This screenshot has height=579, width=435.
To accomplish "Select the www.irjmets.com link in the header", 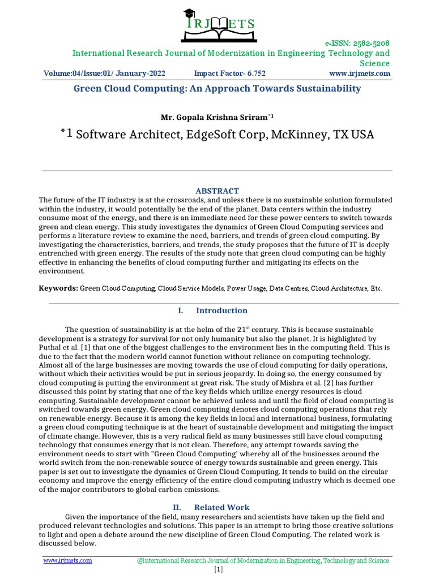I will [359, 74].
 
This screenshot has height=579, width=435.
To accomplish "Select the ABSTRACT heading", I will [217, 191].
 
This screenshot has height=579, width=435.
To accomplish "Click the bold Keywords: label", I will [58, 288].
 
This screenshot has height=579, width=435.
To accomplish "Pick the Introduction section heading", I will [221, 310].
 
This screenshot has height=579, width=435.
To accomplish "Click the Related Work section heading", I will [221, 507].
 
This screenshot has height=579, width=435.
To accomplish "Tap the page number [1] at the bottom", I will [219, 570].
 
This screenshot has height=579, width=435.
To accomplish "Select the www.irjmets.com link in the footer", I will [67, 560].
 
